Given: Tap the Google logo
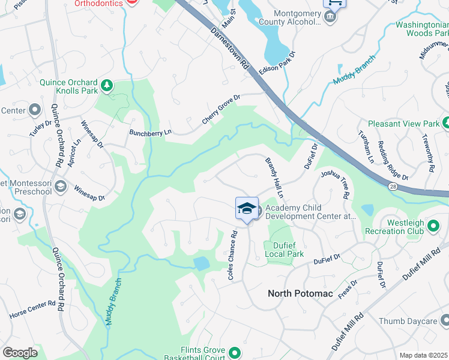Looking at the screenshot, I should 20,353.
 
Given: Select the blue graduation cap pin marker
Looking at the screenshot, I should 247,209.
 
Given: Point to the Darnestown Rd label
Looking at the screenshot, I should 230,48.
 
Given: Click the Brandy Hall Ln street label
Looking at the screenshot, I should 274,178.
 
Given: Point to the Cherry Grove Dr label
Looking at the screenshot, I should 221,109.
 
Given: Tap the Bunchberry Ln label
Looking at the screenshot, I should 151,132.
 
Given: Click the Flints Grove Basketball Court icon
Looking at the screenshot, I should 235,353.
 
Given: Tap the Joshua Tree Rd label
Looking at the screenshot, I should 335,184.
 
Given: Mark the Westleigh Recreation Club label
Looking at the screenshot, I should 397,226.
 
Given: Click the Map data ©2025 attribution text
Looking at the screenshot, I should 423,355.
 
